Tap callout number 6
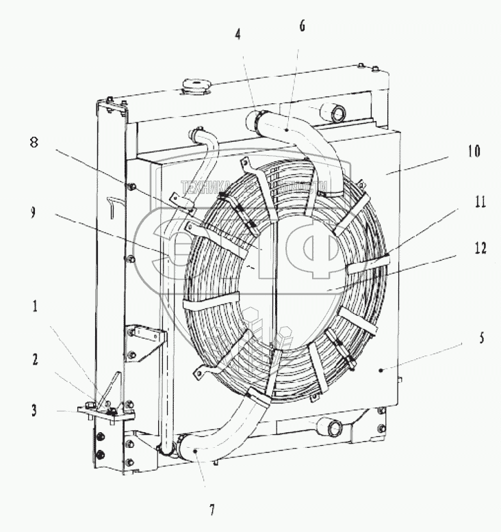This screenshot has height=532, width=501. coord(303,26)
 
